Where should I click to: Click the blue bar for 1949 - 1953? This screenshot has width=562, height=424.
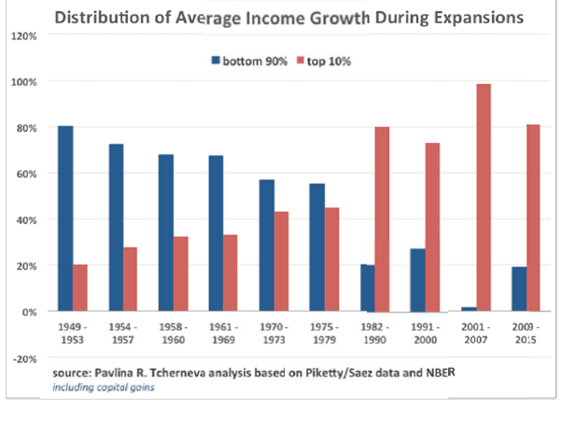(65, 219)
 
